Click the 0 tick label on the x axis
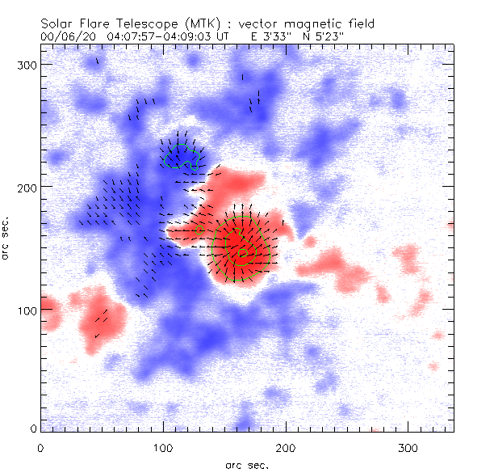point(40,447)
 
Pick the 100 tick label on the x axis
point(163,447)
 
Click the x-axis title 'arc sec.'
point(247,464)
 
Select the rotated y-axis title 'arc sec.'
point(7,238)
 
